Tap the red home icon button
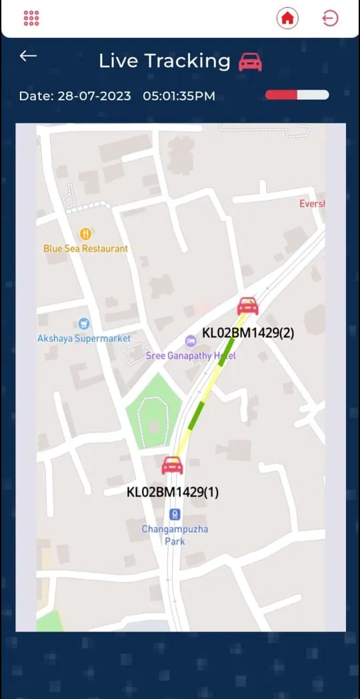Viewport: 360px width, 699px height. pos(287,18)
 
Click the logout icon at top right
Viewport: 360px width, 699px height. pos(330,18)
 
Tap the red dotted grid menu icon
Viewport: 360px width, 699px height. pos(31,18)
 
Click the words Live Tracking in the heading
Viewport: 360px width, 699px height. pos(164,61)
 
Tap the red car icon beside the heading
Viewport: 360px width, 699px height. pos(250,62)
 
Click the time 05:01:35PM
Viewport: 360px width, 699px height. pos(179,96)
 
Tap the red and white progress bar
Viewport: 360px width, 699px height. pos(297,95)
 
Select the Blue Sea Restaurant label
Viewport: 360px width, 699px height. pos(85,248)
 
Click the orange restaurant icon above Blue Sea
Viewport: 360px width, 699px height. pos(85,233)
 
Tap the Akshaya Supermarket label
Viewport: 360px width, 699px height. pos(84,338)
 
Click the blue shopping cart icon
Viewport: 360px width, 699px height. pos(84,324)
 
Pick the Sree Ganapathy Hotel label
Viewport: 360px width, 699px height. pos(191,356)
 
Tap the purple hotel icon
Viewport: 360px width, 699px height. pos(191,342)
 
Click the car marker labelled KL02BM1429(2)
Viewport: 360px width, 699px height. pos(248,306)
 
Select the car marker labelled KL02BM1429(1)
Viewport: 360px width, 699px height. pos(173,465)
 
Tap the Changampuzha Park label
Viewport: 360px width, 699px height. pos(175,535)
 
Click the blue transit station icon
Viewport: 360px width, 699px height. pos(175,514)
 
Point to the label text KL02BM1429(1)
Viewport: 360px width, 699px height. pos(173,492)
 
